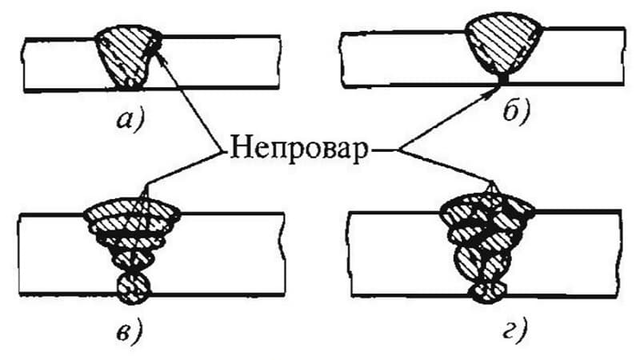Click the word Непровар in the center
point(298,150)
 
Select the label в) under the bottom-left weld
point(129,327)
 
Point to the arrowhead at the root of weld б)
point(498,88)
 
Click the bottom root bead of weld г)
point(489,289)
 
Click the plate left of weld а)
point(60,63)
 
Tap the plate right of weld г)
point(576,256)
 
